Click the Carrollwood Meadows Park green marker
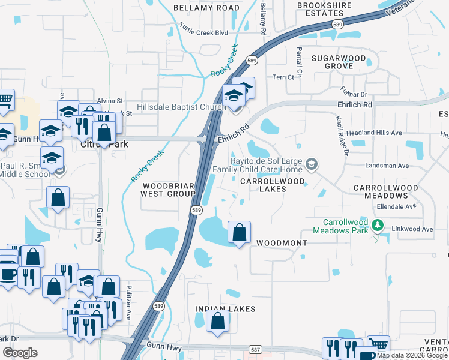pyautogui.click(x=378, y=226)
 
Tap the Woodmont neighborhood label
pyautogui.click(x=282, y=243)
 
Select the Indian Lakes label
pyautogui.click(x=225, y=309)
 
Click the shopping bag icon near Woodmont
pyautogui.click(x=239, y=232)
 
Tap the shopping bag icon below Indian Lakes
pyautogui.click(x=217, y=320)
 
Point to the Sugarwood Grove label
pyautogui.click(x=338, y=62)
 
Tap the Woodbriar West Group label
pyautogui.click(x=167, y=190)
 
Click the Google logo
pyautogui.click(x=20, y=353)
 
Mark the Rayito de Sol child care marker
pyautogui.click(x=311, y=164)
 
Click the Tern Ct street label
pyautogui.click(x=283, y=77)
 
